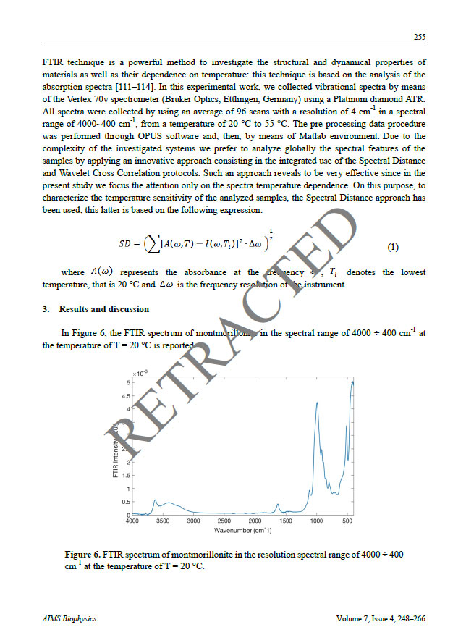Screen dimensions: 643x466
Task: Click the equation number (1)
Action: click(x=392, y=247)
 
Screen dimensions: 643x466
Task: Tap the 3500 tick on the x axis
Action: click(x=163, y=521)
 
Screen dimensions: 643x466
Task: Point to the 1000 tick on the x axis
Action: click(x=316, y=521)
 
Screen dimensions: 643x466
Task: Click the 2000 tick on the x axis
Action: click(x=255, y=521)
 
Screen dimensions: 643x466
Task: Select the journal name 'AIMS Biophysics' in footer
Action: click(x=69, y=619)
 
